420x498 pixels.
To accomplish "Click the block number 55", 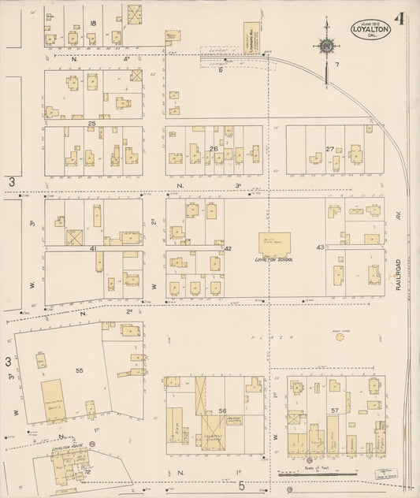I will (79, 368).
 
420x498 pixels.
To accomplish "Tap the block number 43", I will (320, 248).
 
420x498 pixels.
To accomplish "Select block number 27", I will (329, 148).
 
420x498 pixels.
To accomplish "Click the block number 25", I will (91, 124).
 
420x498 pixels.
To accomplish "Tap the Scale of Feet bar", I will (319, 474).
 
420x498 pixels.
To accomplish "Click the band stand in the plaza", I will (340, 337).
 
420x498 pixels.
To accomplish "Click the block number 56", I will (223, 411).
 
